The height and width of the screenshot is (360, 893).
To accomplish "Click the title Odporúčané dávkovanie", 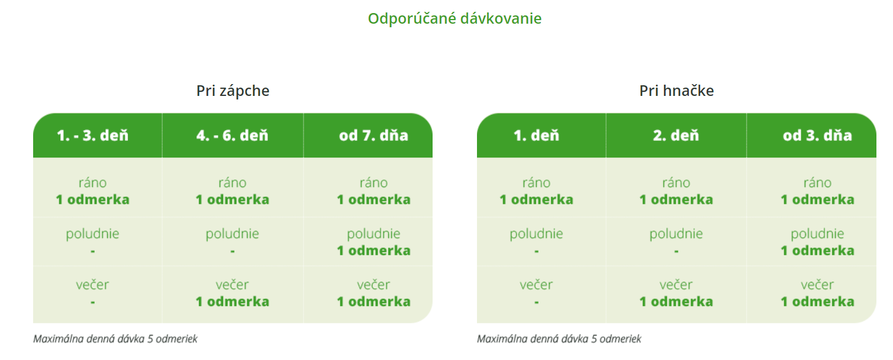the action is pos(454,18).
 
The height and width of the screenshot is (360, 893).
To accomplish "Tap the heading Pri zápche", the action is pos(233,91).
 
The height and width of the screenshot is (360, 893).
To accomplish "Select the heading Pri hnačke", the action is pos(676,91).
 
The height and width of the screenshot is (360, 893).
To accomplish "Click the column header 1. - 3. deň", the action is pos(92,136).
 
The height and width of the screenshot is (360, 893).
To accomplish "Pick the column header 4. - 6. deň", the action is pos(232,136).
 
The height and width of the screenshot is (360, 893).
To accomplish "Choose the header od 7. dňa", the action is pos(373,136).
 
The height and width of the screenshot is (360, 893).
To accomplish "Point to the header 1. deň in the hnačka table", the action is pos(536,136).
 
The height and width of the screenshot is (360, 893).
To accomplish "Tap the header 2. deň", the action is pos(676,136).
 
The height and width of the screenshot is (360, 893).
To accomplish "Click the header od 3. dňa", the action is pos(817,136).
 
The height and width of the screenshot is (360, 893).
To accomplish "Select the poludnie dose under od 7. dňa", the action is pos(373,250).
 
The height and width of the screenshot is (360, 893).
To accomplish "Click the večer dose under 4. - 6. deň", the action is pos(233,301).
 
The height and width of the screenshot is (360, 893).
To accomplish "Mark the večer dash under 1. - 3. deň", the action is pos(92,302).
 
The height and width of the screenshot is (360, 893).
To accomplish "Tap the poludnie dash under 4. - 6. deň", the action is pos(233,251).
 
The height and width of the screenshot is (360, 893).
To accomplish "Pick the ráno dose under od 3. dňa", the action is pos(817,200).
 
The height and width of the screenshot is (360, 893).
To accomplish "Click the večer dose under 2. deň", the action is pos(676,301).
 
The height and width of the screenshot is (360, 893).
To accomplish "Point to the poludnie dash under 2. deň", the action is pos(676,251).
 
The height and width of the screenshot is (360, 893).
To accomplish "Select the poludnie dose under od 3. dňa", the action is pos(817,250).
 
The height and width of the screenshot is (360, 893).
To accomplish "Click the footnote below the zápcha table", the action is pos(115,339).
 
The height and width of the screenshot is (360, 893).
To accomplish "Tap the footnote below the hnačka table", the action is pos(559,339).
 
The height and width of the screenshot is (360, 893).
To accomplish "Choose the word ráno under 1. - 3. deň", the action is pos(92,182).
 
